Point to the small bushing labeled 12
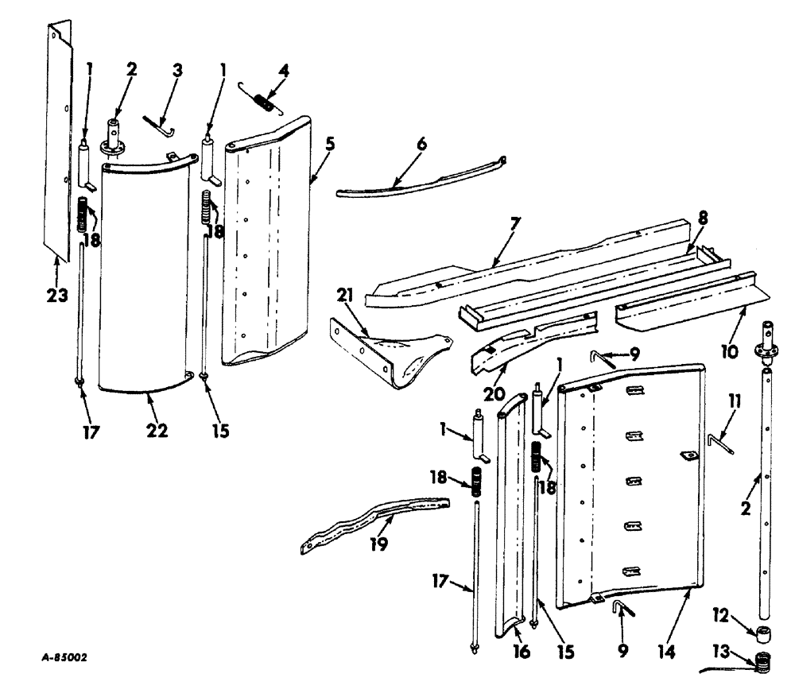[765, 633]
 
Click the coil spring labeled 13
[763, 661]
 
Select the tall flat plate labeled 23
[56, 143]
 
